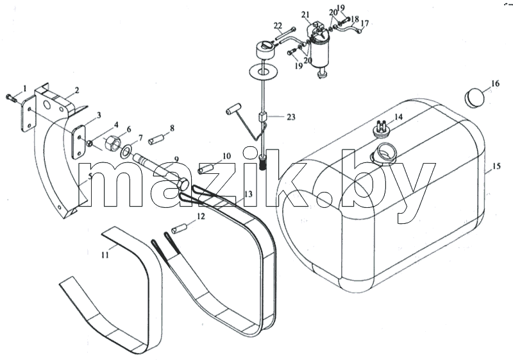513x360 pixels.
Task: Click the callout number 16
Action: pyautogui.click(x=495, y=83)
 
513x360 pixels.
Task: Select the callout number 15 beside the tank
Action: pyautogui.click(x=496, y=166)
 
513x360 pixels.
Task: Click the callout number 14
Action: pyautogui.click(x=398, y=117)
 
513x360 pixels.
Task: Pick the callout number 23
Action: pyautogui.click(x=291, y=117)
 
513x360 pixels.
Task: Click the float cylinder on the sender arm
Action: pyautogui.click(x=233, y=110)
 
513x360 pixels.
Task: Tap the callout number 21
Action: pyautogui.click(x=305, y=14)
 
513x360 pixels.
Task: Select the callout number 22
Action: pyautogui.click(x=278, y=26)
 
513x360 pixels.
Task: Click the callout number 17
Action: pyautogui.click(x=364, y=23)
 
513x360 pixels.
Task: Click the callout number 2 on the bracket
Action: pyautogui.click(x=76, y=90)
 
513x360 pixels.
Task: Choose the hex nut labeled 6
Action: pyautogui.click(x=113, y=144)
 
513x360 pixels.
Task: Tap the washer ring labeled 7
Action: pyautogui.click(x=126, y=151)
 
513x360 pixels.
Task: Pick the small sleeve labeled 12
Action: pyautogui.click(x=180, y=228)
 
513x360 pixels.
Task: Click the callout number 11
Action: pyautogui.click(x=105, y=255)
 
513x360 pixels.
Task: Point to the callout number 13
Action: pyautogui.click(x=248, y=194)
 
